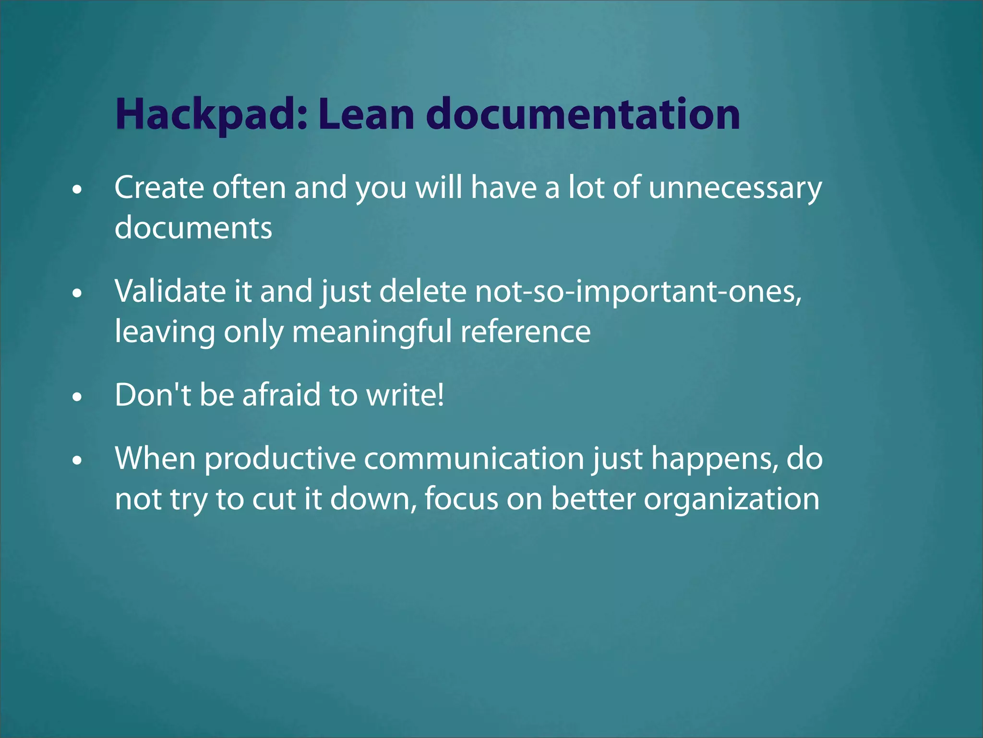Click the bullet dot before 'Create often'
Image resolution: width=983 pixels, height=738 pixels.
pyautogui.click(x=77, y=190)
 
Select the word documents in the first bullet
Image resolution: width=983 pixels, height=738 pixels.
pyautogui.click(x=193, y=228)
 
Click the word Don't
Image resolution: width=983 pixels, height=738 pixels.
pyautogui.click(x=153, y=395)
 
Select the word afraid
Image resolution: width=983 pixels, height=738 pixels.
pyautogui.click(x=281, y=395)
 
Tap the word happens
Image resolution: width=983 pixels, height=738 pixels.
pyautogui.click(x=715, y=458)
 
